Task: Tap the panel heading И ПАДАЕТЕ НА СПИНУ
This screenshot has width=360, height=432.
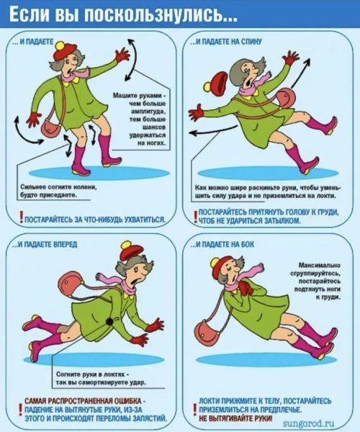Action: pos(226,41)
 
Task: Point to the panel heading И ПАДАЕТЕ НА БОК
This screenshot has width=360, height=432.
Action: pos(222,244)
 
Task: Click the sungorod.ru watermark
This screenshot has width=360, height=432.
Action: pos(308,423)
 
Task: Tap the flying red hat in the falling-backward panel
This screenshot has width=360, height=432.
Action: pos(216,83)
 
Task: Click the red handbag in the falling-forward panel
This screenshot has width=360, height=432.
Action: pos(72,284)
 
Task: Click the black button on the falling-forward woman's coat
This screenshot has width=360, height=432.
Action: pos(110,321)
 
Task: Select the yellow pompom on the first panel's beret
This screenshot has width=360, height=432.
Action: pos(61,45)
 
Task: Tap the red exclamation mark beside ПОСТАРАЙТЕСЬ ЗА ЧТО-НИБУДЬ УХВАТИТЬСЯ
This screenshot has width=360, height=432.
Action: pos(21,217)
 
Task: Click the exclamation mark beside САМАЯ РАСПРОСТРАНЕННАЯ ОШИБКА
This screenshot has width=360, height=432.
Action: pos(20,410)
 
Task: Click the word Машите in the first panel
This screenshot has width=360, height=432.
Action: pos(122,96)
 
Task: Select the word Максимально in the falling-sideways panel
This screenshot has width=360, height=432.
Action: pos(320,265)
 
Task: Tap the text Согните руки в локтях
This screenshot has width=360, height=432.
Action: pos(91,374)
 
